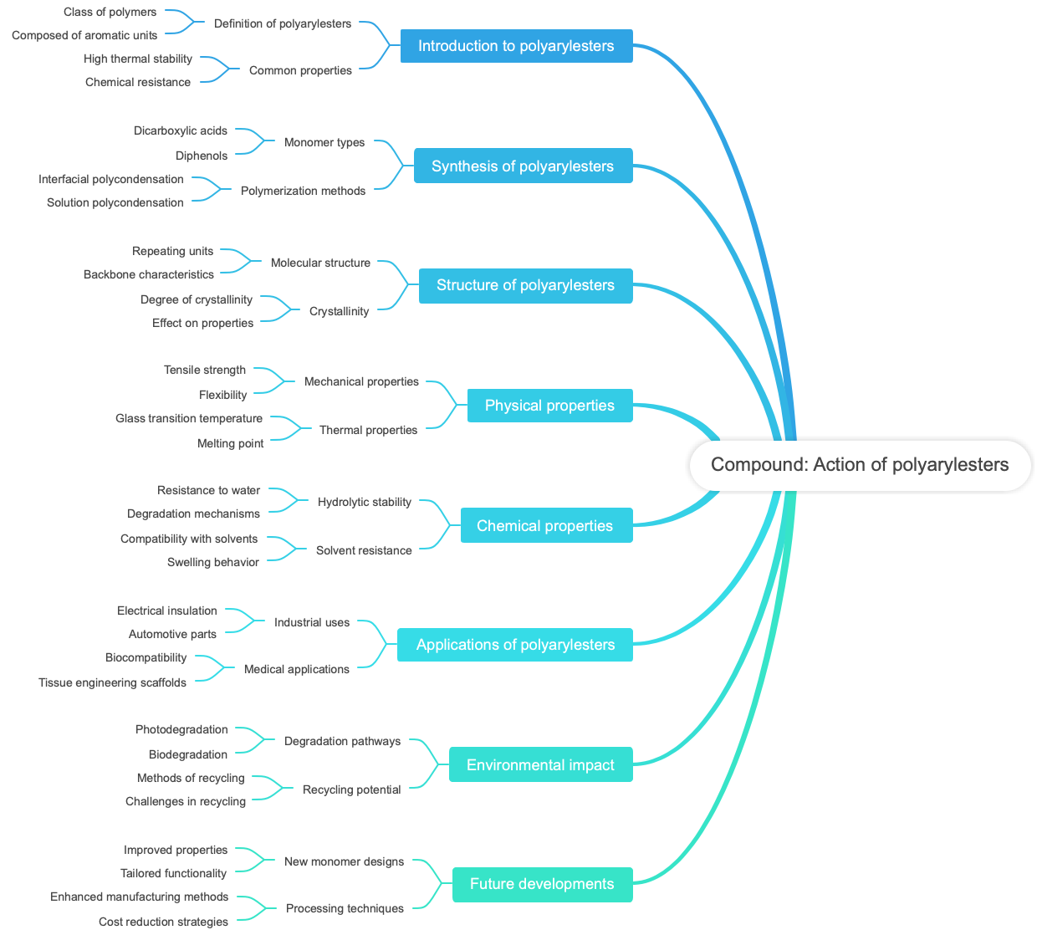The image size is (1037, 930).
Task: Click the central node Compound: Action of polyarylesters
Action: [860, 465]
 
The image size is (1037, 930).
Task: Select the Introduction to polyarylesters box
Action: [516, 46]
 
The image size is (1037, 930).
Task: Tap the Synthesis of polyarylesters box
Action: [523, 166]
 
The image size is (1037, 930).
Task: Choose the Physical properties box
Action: [549, 406]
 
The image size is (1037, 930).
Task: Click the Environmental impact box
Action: [540, 765]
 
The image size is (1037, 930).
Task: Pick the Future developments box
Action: [542, 884]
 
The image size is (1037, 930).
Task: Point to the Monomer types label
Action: [324, 142]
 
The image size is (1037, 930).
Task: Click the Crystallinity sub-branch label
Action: [339, 311]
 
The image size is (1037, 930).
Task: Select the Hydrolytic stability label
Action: [365, 502]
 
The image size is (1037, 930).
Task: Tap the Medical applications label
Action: [297, 669]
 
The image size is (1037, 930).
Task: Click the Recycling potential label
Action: [351, 789]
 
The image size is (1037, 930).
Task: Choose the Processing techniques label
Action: [345, 908]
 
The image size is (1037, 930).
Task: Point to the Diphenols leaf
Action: [202, 156]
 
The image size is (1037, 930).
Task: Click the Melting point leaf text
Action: [230, 443]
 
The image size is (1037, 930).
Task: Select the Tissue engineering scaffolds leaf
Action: [112, 682]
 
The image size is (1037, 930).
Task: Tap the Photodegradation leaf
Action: [181, 729]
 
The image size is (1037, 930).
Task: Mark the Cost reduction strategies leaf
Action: [163, 922]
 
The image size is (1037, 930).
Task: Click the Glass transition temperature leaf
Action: [189, 418]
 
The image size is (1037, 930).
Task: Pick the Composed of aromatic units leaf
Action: [84, 35]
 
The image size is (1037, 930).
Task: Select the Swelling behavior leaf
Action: [213, 562]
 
